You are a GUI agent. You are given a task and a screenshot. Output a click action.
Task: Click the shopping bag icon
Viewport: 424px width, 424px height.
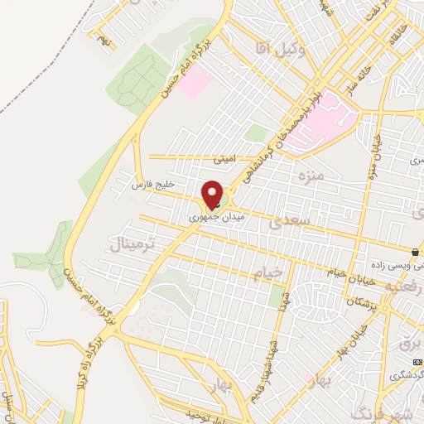click(x=414, y=251)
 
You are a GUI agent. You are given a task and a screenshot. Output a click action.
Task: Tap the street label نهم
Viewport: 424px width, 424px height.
click(x=102, y=38)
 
